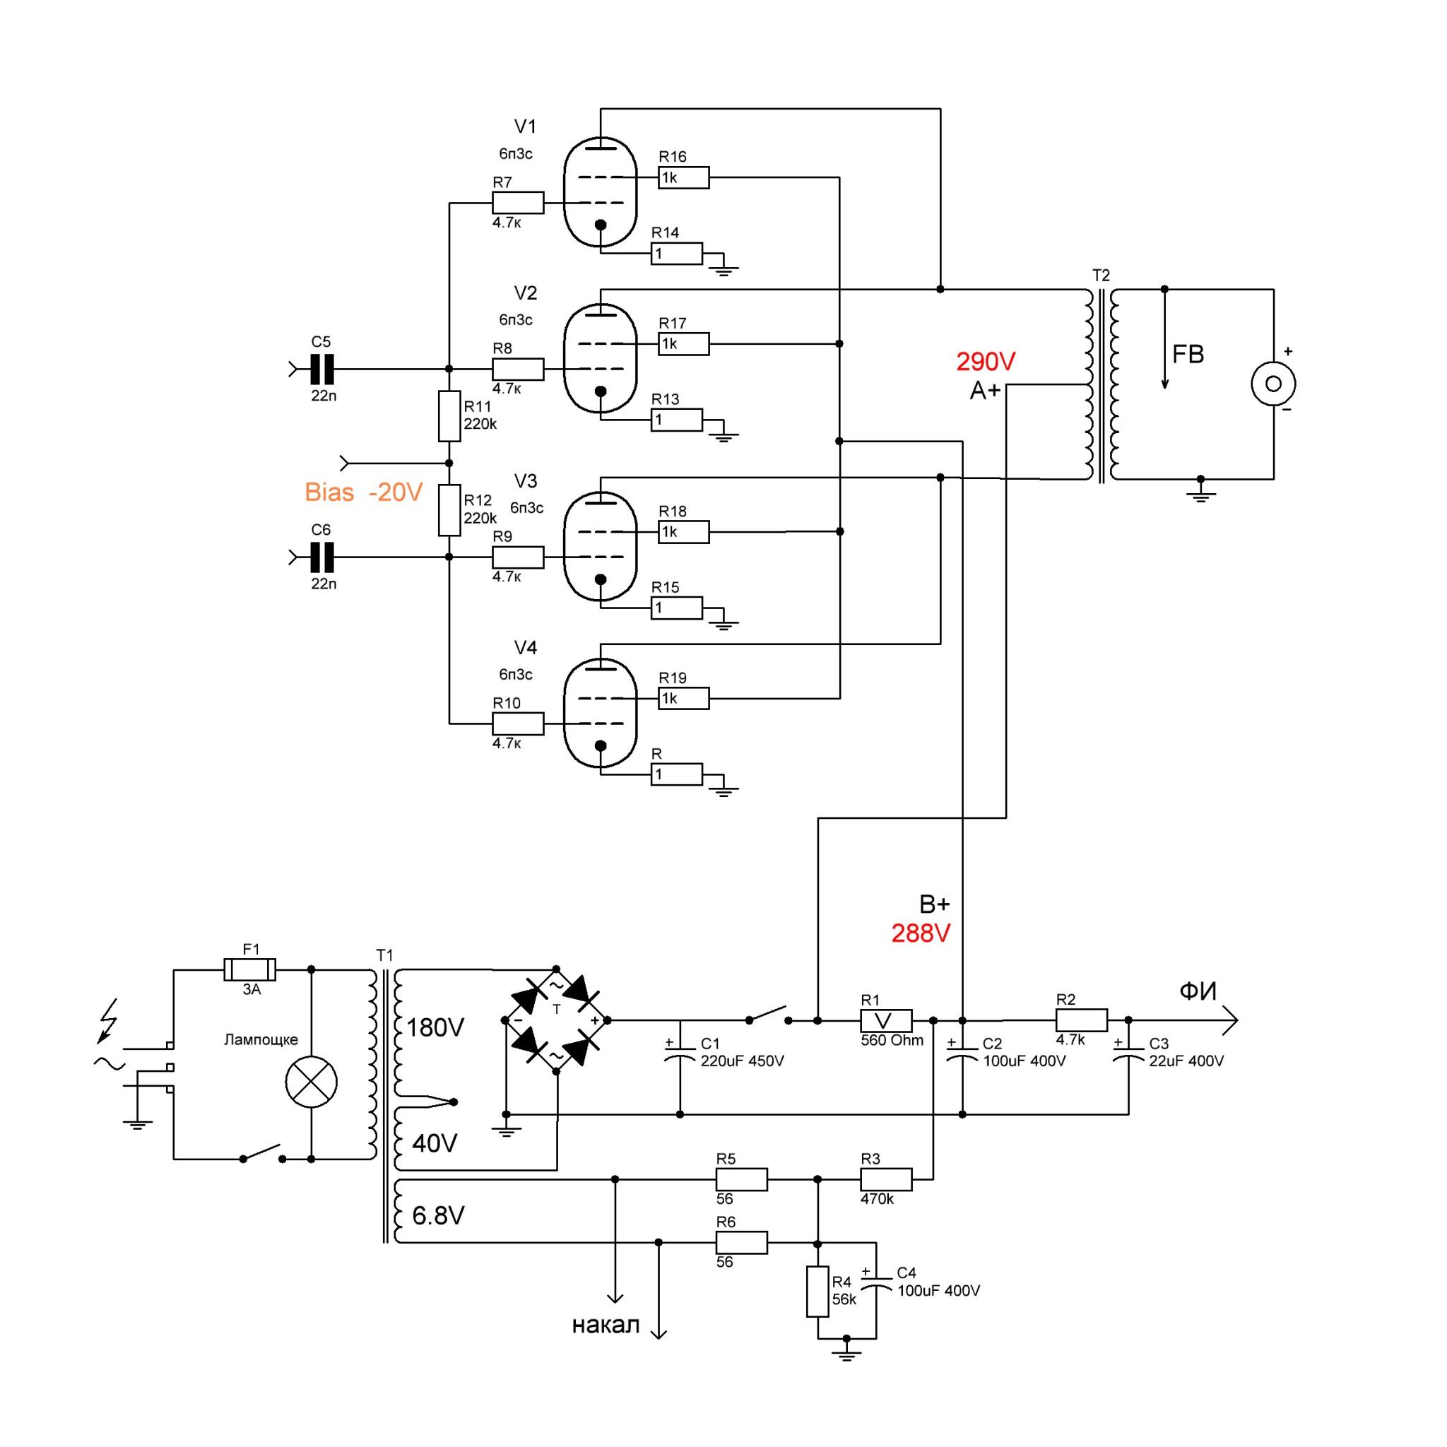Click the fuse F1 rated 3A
(250, 969)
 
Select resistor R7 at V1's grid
(517, 202)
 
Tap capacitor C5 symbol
(321, 370)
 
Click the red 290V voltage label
(986, 362)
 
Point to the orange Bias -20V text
(364, 492)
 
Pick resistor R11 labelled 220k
(449, 415)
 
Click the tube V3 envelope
(599, 546)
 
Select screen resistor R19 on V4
(684, 698)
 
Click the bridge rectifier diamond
(557, 1020)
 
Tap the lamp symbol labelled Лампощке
(312, 1082)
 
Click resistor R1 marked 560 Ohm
(886, 1020)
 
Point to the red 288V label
(921, 933)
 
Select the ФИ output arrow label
(1198, 991)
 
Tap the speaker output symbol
(1273, 384)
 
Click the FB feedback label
(1187, 354)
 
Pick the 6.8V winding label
(438, 1215)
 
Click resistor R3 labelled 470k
(886, 1179)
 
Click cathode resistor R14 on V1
(676, 254)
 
